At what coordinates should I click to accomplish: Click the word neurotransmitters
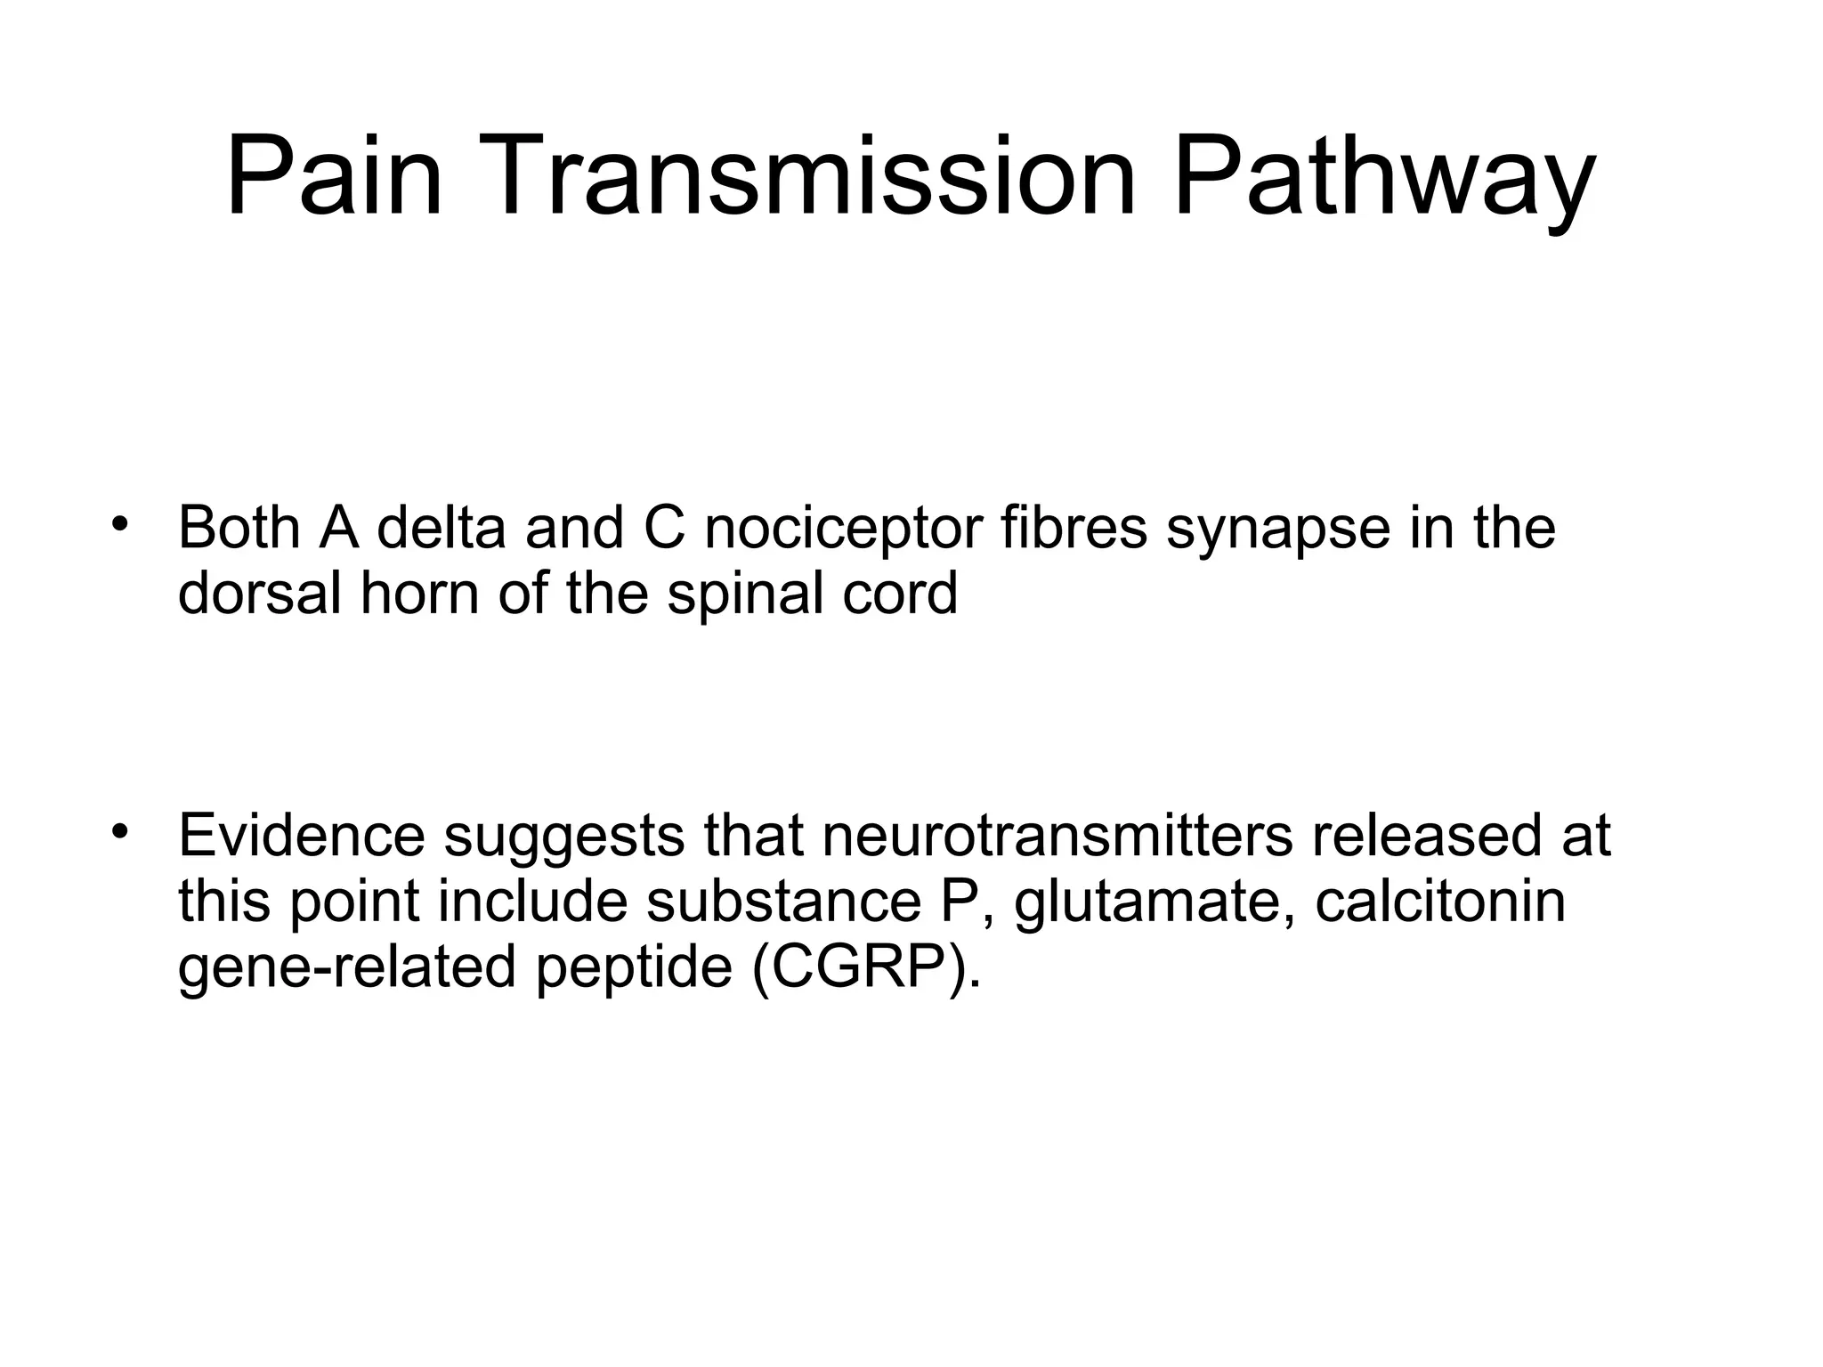[x=1057, y=836]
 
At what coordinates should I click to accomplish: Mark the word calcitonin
[x=1440, y=902]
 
